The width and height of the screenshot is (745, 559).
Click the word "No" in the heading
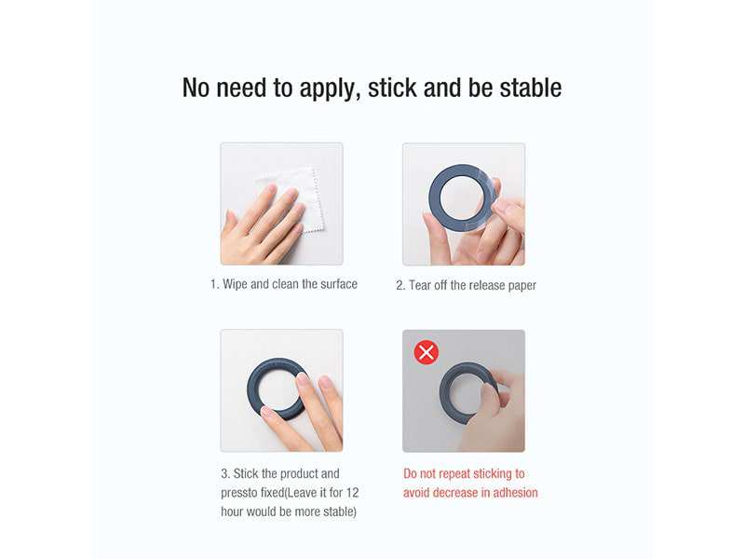click(197, 89)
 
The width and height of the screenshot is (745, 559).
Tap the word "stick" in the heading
click(393, 89)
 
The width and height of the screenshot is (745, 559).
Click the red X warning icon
click(426, 352)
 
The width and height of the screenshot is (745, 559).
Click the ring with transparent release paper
click(460, 198)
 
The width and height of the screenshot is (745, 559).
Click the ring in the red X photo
click(466, 391)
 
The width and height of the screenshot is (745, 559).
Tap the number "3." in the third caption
click(226, 473)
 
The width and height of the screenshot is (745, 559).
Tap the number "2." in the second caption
click(401, 285)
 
